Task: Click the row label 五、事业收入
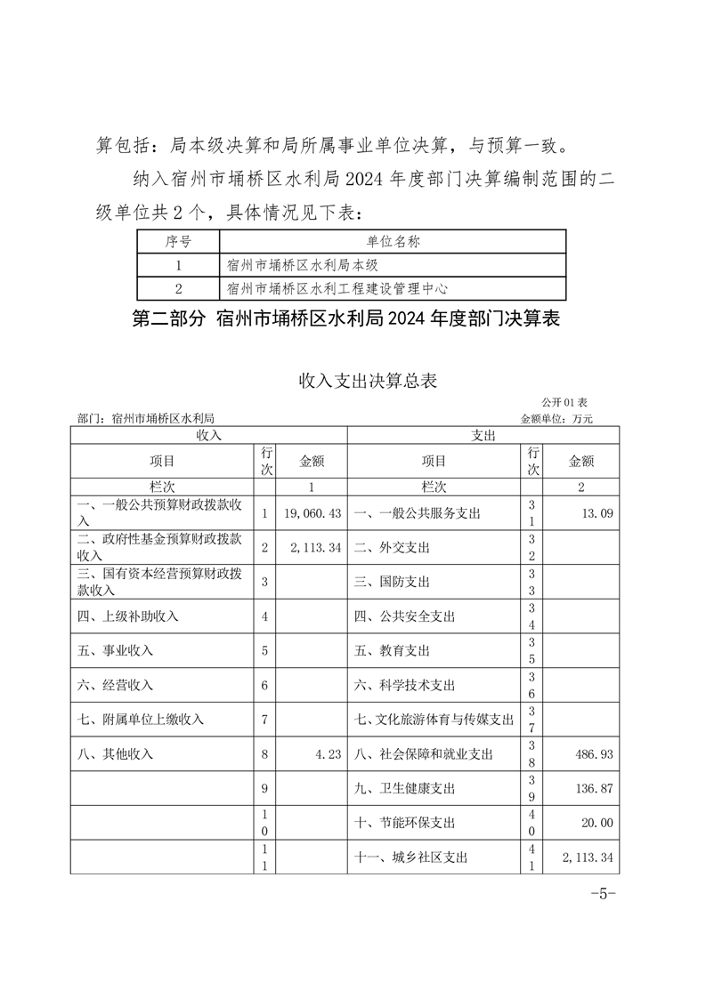116,650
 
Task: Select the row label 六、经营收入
116,685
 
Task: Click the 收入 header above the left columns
209,435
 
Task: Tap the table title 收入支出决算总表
369,381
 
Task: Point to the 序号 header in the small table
178,241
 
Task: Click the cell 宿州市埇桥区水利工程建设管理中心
337,288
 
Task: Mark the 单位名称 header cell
393,241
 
